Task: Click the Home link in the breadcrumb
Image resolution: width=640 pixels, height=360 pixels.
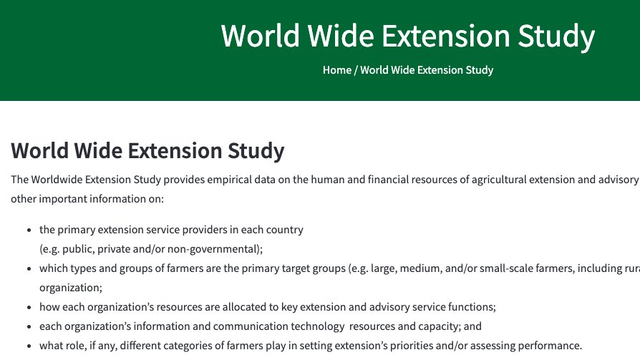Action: [x=336, y=70]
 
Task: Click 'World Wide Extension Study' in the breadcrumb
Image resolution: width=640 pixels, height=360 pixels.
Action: [x=427, y=70]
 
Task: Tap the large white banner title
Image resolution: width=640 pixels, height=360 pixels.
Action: [x=407, y=36]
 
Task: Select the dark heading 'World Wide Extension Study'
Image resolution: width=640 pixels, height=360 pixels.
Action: [x=147, y=151]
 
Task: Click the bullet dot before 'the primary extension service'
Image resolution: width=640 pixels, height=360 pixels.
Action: [x=29, y=230]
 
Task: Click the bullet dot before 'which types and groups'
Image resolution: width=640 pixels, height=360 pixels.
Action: [x=29, y=269]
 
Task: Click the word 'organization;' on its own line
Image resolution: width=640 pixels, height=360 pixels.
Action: [x=71, y=288]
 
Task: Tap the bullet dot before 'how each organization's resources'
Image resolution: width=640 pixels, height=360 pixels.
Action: [x=29, y=308]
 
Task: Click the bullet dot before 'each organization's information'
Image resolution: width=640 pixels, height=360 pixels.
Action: [x=29, y=327]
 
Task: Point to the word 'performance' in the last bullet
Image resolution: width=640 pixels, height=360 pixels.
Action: [x=550, y=346]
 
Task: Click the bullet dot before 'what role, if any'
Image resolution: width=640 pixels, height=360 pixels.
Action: [x=29, y=346]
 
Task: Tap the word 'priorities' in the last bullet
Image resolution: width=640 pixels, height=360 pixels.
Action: [x=401, y=346]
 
